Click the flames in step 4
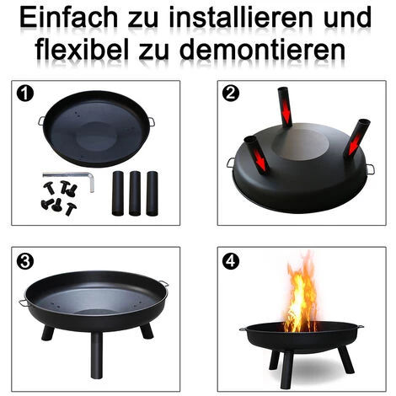301,295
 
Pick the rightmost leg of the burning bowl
345,358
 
